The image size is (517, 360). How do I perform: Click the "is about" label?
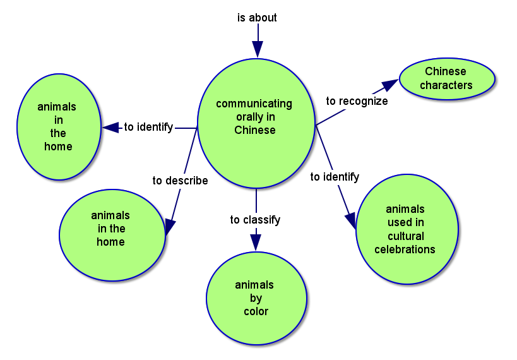pyautogui.click(x=257, y=18)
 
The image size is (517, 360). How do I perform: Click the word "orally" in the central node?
pyautogui.click(x=255, y=117)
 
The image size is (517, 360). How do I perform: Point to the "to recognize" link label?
pyautogui.click(x=357, y=101)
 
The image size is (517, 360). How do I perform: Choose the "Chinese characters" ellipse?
pyautogui.click(x=446, y=79)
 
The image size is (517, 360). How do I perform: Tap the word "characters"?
pyautogui.click(x=446, y=85)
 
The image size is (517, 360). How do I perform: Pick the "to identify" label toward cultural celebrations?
pyautogui.click(x=335, y=177)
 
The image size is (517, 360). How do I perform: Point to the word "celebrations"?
pyautogui.click(x=405, y=249)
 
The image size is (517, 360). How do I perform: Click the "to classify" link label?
pyautogui.click(x=255, y=220)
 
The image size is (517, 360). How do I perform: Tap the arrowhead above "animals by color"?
pyautogui.click(x=255, y=241)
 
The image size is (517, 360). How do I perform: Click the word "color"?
pyautogui.click(x=256, y=311)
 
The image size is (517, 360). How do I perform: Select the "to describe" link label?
pyautogui.click(x=180, y=181)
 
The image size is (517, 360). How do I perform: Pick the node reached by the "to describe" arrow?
pyautogui.click(x=111, y=235)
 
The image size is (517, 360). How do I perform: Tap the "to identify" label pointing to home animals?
pyautogui.click(x=148, y=128)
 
